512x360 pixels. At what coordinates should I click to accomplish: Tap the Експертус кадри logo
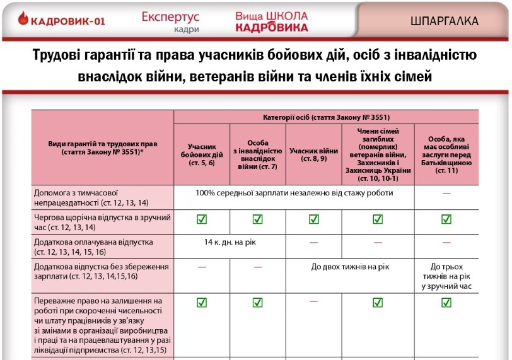pos(171,21)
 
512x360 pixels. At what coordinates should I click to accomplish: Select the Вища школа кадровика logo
pos(272,21)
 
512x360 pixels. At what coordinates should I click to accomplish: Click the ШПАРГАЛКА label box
pos(444,21)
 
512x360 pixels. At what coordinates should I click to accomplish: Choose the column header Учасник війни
pos(313,151)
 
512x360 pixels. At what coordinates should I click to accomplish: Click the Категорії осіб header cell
pos(326,117)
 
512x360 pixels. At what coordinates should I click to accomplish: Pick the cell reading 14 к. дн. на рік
pos(230,242)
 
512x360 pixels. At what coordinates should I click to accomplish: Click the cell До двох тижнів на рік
pos(350,267)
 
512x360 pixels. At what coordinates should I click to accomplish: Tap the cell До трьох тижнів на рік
pos(446,276)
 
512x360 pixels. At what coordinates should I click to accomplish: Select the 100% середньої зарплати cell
pos(294,193)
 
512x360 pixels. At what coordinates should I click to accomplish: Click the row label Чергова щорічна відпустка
pos(102,222)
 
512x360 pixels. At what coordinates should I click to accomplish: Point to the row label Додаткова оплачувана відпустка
pos(102,247)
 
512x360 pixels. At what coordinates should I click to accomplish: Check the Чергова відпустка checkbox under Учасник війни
pos(313,219)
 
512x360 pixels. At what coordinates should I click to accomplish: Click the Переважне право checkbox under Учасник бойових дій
pos(202,303)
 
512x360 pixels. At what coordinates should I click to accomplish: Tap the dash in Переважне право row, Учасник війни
pos(313,301)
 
